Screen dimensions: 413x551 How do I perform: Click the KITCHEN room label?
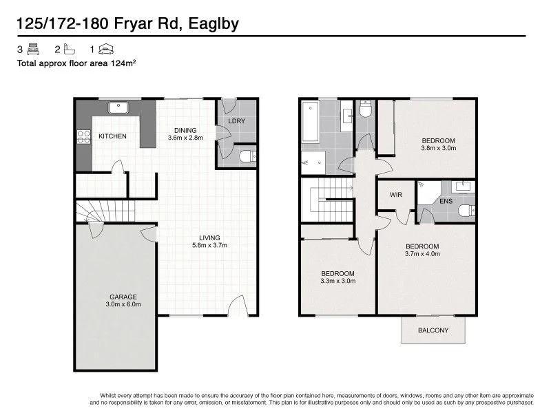112,136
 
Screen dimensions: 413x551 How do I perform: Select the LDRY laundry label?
237,122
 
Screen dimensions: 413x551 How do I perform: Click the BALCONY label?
433,330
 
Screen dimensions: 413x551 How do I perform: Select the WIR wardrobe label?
395,195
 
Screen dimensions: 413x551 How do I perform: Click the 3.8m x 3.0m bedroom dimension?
439,148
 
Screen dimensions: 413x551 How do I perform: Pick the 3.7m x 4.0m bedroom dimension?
422,254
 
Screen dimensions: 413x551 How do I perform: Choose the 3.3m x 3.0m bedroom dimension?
337,281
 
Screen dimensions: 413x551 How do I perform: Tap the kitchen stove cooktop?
84,136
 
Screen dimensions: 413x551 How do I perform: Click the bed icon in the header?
33,49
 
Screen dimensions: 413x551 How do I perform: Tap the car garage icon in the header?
105,49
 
